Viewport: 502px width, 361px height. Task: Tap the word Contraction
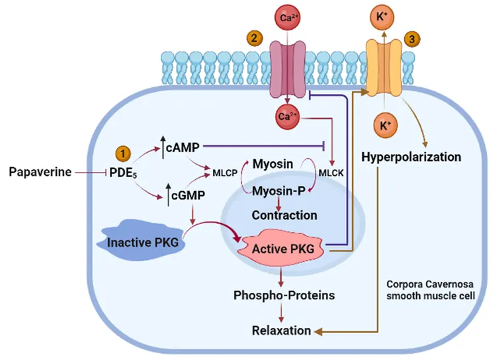tap(285, 215)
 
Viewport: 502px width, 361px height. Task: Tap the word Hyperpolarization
tap(411, 157)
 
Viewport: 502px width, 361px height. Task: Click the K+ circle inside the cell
tap(384, 124)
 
